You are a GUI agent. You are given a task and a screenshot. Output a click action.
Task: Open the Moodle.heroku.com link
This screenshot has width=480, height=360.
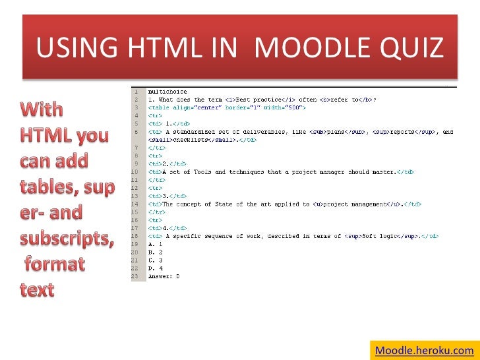point(424,350)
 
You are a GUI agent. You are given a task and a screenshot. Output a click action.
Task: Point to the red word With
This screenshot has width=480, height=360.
point(41,110)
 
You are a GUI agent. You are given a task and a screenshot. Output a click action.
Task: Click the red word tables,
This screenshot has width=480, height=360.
point(50,187)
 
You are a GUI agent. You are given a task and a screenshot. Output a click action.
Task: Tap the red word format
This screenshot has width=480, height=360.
point(55,264)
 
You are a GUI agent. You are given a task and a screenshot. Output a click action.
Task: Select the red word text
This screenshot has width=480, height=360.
point(36,289)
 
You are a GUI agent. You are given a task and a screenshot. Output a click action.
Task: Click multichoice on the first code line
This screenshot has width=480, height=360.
point(167,92)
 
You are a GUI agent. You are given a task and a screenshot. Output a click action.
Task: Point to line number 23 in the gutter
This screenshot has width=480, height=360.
point(135,277)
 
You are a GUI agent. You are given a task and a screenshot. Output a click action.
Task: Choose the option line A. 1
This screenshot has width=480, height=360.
point(156,243)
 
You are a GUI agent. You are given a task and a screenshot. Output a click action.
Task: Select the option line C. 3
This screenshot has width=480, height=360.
point(156,260)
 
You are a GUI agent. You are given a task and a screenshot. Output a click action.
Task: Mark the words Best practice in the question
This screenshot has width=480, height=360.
point(266,100)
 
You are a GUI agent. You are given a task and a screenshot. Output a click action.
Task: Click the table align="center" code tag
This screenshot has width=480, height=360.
point(182,107)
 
